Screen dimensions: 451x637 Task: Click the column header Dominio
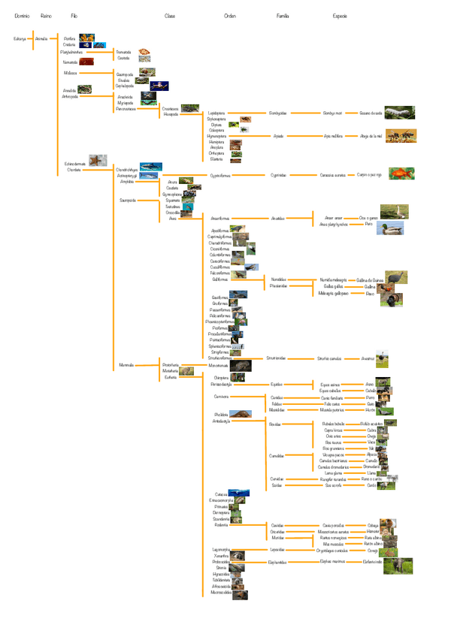(22, 15)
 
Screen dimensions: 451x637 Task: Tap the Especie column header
(340, 15)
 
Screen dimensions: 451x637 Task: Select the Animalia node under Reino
(41, 37)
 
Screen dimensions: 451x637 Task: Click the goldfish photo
(402, 174)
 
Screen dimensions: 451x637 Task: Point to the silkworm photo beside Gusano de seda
(399, 113)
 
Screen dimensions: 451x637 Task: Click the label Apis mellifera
(333, 136)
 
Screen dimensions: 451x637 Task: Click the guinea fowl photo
(395, 279)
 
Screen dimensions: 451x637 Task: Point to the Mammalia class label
(126, 365)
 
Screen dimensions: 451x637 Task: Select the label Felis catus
(331, 403)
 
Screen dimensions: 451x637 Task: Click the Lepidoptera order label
(216, 113)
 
